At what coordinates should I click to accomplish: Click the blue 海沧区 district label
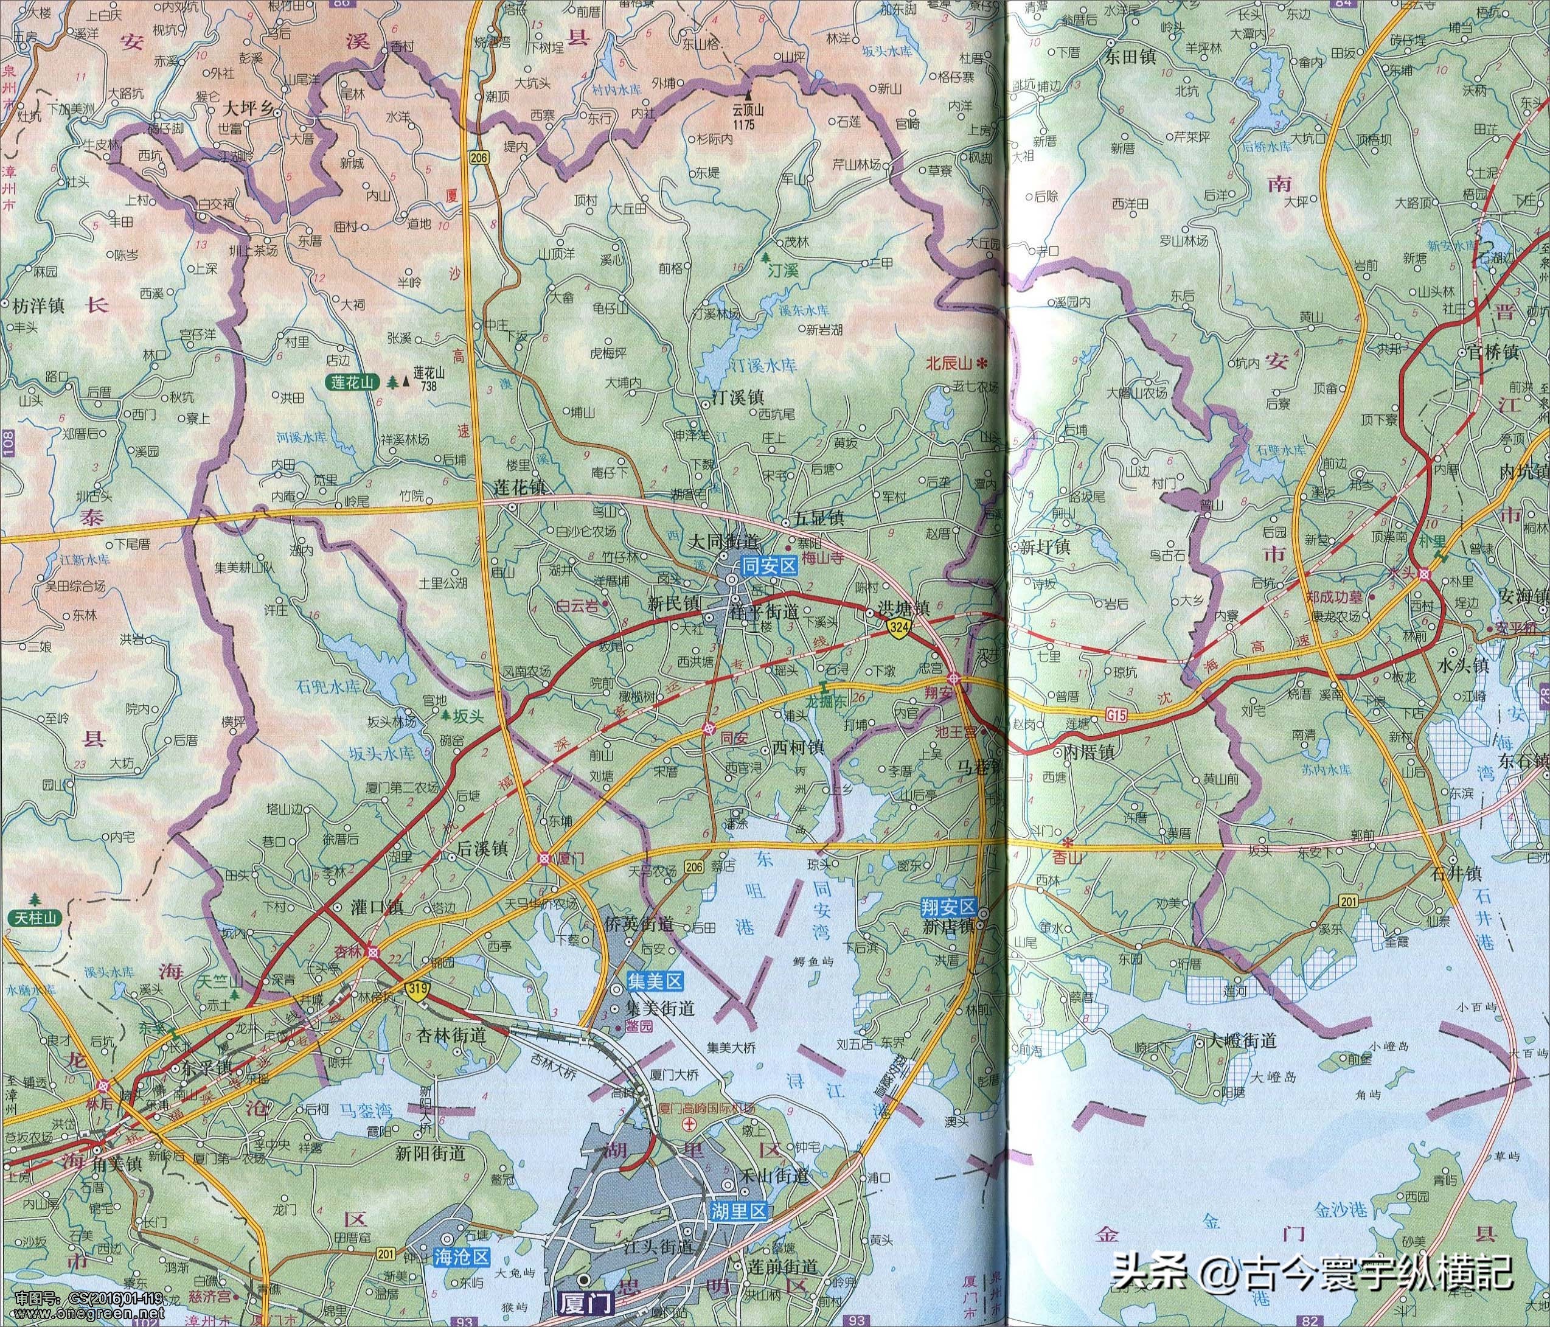point(461,1256)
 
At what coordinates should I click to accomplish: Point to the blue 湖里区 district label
point(736,1210)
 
